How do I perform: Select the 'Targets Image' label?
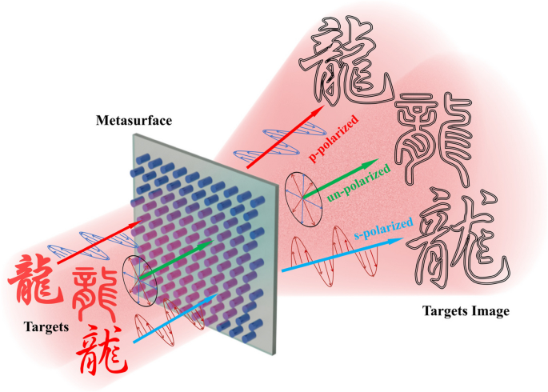click(x=465, y=311)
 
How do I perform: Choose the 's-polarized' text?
click(x=382, y=228)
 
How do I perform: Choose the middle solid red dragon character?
click(x=97, y=292)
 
